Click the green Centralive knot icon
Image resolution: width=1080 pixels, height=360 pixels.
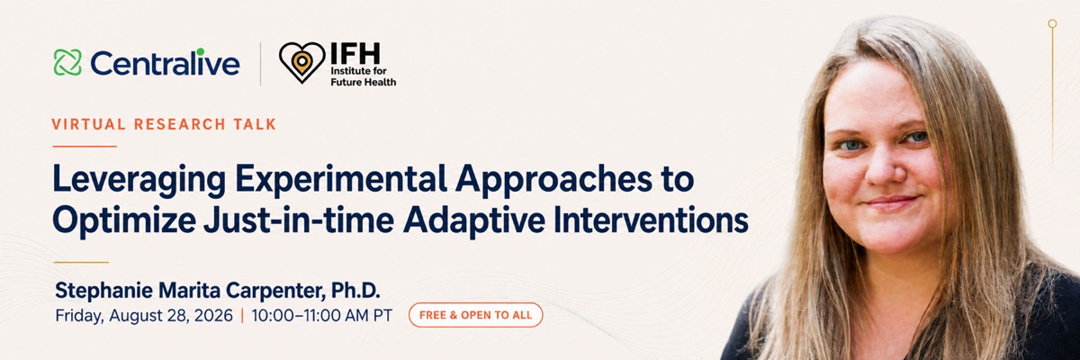coord(67,63)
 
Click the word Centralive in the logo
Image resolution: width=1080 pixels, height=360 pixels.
coord(165,63)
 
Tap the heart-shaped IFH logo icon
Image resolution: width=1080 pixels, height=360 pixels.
coord(301,62)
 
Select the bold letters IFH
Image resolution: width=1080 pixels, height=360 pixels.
coord(355,53)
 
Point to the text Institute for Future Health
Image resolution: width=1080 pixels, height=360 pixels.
coord(363,76)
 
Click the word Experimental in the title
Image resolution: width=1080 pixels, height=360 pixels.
coord(341,178)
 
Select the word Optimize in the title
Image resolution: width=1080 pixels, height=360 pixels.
coord(124,221)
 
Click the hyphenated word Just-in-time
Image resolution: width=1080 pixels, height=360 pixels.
coord(299,220)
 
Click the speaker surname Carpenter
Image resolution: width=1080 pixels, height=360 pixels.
coord(274,291)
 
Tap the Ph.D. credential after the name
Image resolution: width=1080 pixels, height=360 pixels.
coord(355,290)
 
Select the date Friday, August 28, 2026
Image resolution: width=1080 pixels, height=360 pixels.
coord(144,316)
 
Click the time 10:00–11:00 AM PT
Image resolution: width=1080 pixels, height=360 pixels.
coord(321,315)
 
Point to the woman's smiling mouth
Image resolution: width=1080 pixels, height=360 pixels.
coord(891,202)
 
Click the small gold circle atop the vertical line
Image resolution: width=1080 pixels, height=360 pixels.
coord(1052,23)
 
